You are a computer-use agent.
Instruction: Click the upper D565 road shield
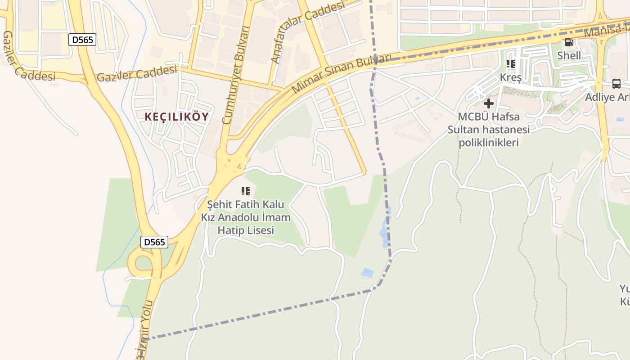point(82,40)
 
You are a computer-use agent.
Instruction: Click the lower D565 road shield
point(154,242)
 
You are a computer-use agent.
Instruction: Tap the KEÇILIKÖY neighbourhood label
point(176,117)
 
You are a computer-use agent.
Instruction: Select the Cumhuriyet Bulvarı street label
point(236,75)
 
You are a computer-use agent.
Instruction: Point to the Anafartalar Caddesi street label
point(307,31)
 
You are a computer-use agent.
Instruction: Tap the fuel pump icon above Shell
point(569,42)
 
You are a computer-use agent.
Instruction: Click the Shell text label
point(569,55)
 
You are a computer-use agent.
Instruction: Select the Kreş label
point(510,77)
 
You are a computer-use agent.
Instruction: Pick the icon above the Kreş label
point(510,64)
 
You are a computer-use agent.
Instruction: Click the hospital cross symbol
point(488,103)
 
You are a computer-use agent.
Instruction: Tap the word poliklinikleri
point(488,143)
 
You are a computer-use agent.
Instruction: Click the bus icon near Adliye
point(616,84)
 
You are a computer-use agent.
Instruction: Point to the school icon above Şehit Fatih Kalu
point(245,191)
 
